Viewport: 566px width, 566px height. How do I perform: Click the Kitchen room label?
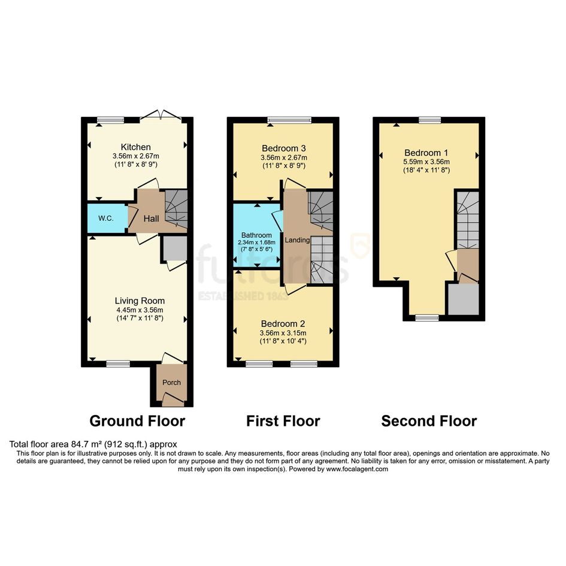[x=136, y=147]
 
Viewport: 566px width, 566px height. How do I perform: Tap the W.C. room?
[x=107, y=219]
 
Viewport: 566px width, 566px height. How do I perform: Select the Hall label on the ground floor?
[x=152, y=219]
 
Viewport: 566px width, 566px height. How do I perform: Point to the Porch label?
[x=171, y=382]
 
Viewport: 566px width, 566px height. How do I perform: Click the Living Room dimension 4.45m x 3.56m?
[x=140, y=310]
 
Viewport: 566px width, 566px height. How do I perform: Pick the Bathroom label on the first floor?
[x=257, y=235]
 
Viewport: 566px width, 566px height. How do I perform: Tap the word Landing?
[x=297, y=240]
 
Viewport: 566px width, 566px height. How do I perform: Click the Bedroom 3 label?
[x=284, y=148]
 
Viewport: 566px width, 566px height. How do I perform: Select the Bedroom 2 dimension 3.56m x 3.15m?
[x=283, y=333]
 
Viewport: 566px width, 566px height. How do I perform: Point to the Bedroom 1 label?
[x=426, y=152]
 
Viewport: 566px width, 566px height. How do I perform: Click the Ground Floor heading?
[x=137, y=421]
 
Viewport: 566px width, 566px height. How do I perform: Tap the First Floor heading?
[x=283, y=421]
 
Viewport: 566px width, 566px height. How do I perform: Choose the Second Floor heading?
[x=429, y=421]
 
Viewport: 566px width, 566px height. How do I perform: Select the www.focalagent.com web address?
[x=357, y=469]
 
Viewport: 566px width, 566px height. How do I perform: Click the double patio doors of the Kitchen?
[x=161, y=115]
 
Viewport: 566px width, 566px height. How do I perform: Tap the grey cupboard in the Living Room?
[x=174, y=249]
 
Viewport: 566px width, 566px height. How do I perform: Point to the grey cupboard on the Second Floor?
[x=464, y=299]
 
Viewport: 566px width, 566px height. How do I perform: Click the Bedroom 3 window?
[x=289, y=120]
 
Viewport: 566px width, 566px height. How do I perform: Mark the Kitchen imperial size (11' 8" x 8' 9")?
[x=136, y=164]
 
